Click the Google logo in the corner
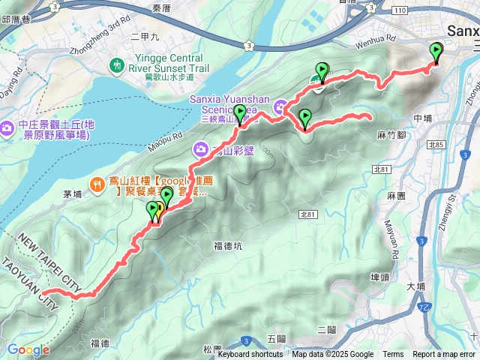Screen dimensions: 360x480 coord(28,349)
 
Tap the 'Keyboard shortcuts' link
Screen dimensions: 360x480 coord(250,355)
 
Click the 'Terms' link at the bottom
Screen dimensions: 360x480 coord(393,355)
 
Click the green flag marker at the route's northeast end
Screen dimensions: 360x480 coord(436,52)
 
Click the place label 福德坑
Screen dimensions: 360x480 coord(228,245)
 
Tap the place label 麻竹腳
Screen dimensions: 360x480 coord(391,135)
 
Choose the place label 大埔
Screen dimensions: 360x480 coord(415,286)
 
